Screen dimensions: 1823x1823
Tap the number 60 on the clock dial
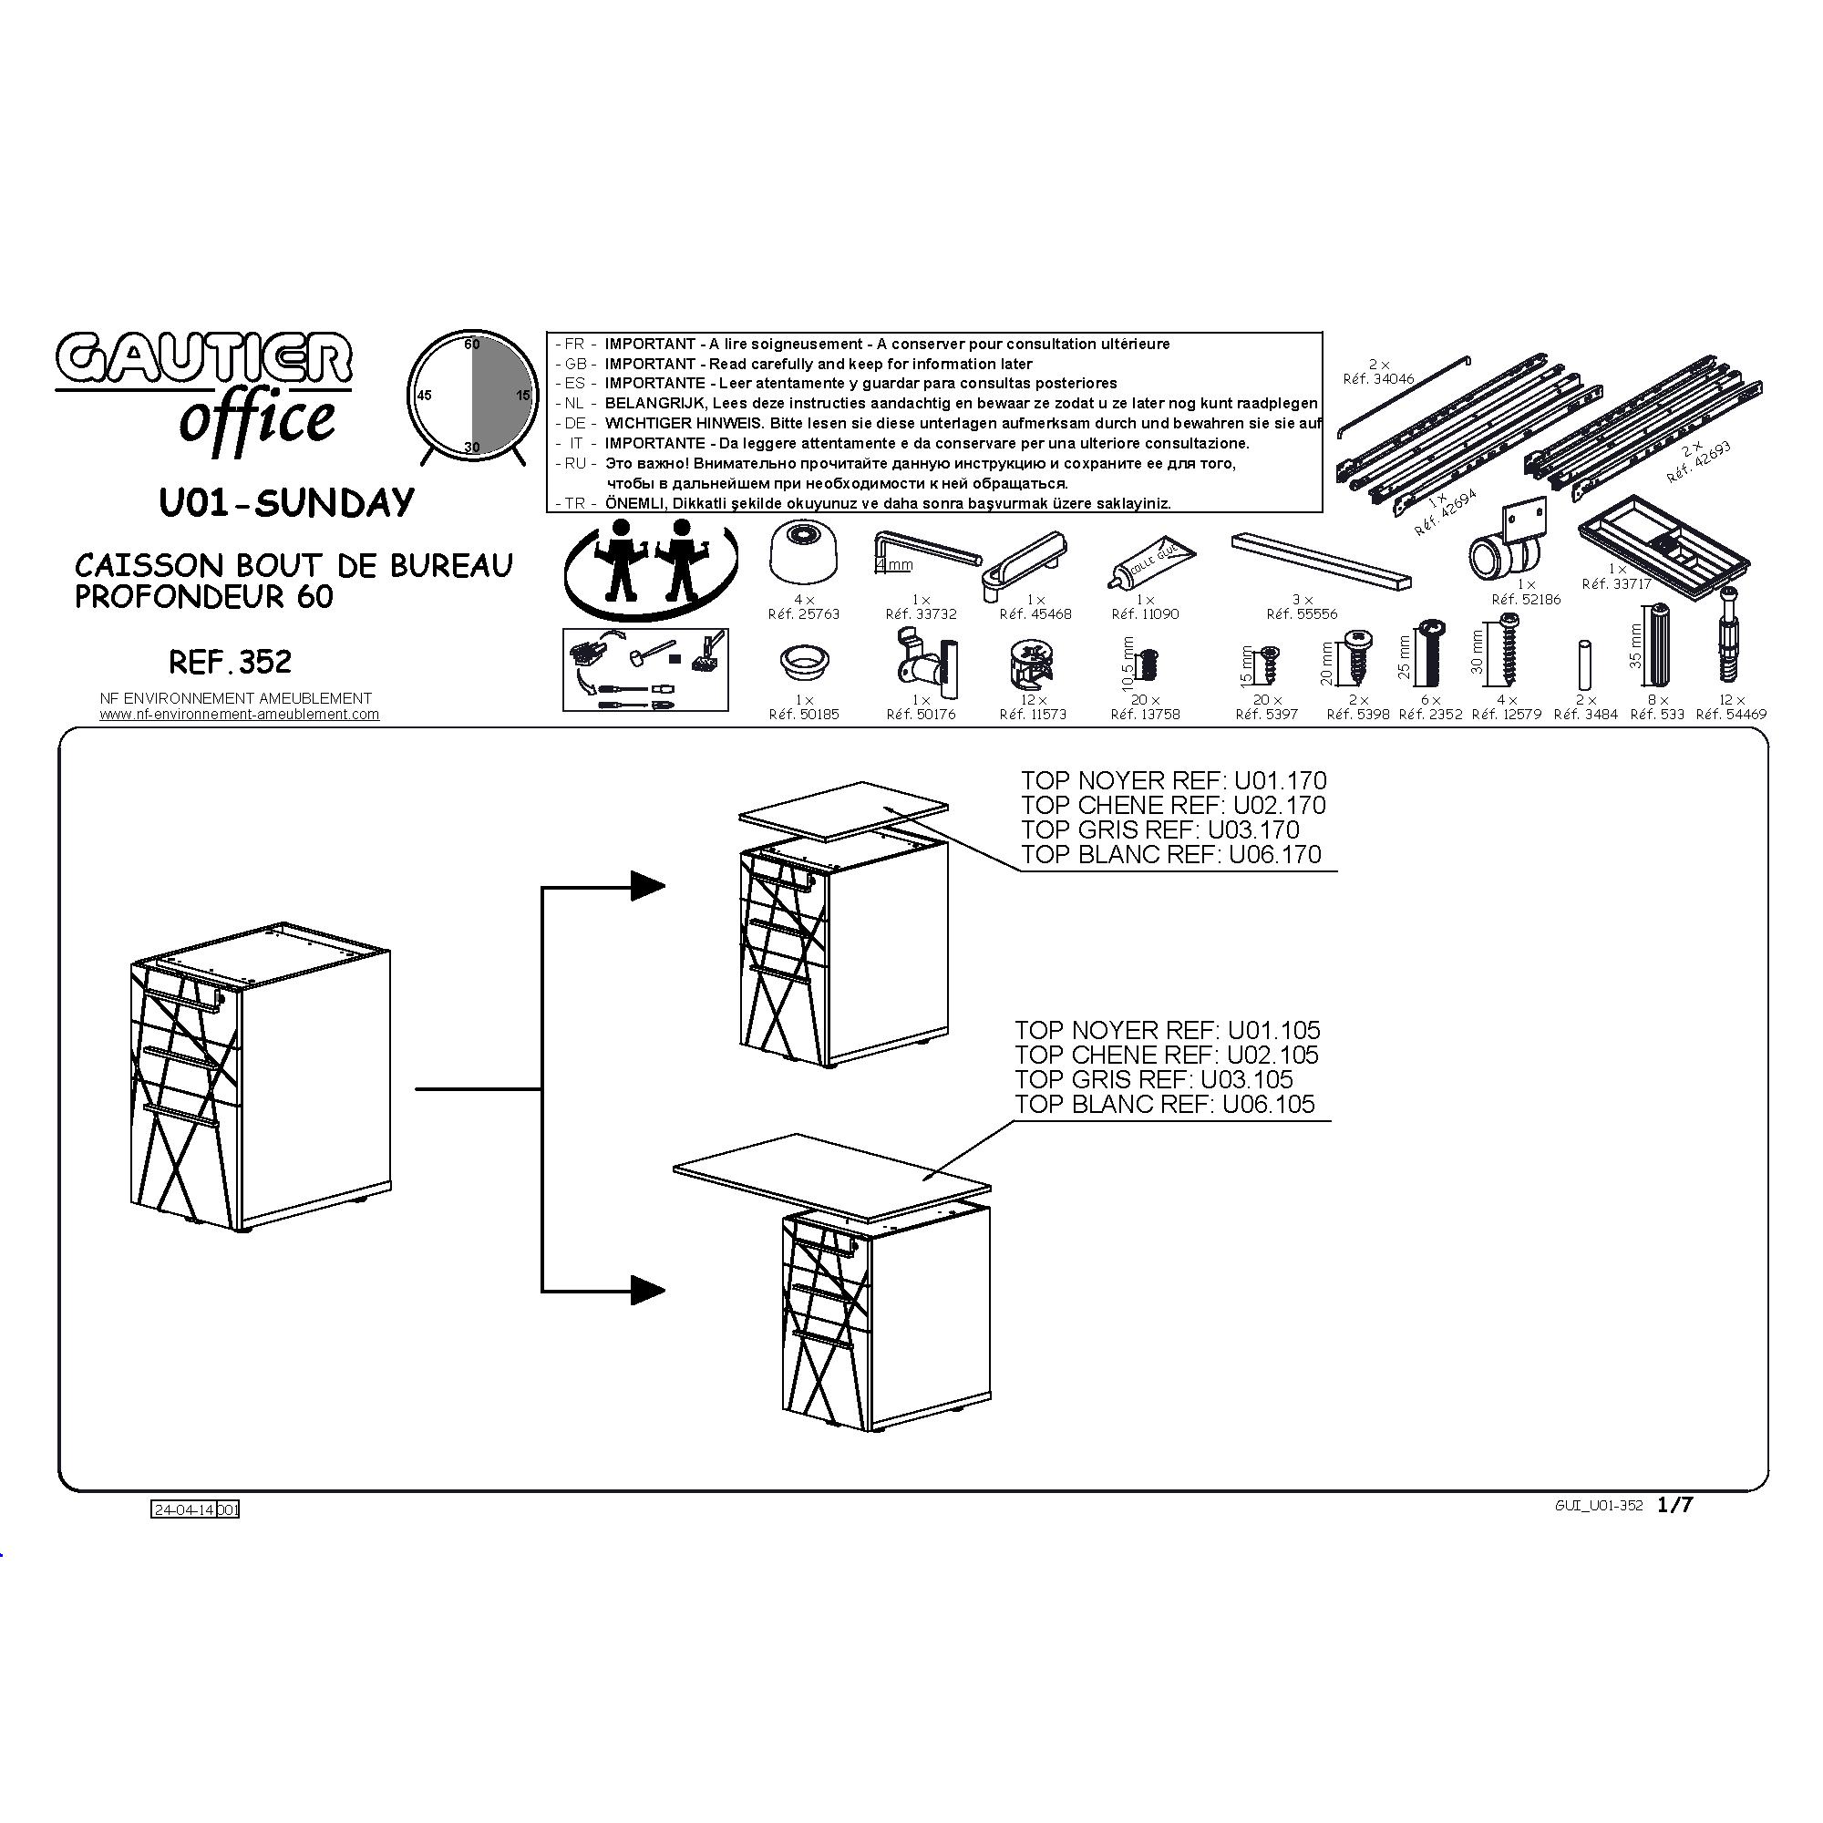pos(472,345)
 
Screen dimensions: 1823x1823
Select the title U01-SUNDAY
pos(287,503)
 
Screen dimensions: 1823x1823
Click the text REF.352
pos(231,662)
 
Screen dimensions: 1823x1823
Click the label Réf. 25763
pos(804,613)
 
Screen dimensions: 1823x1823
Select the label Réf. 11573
pos(1035,715)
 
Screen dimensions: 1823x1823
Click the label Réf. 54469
pos(1732,715)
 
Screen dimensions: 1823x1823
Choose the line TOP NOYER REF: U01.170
pos(1174,780)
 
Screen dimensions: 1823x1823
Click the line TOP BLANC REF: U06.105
pos(1164,1104)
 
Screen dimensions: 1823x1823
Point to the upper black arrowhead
pos(648,885)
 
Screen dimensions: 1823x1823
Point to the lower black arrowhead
pos(648,1290)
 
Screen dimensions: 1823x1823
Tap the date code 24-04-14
pos(184,1509)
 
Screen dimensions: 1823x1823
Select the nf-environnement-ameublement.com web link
pos(240,715)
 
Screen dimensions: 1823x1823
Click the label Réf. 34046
pos(1378,379)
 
